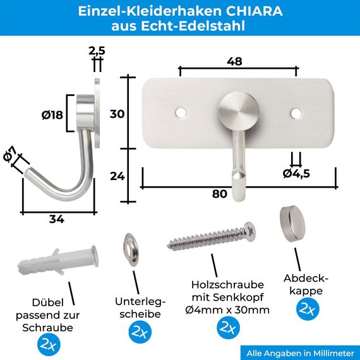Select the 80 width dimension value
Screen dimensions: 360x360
coord(219,194)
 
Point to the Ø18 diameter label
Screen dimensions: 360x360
coord(52,115)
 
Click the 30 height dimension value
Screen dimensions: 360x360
coord(117,114)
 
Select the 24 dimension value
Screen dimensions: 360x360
coord(117,176)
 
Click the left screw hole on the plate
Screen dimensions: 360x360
coord(181,112)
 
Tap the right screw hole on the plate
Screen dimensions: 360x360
coord(296,112)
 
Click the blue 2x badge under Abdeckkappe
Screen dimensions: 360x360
coord(308,309)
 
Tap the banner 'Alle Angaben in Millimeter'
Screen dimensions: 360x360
coord(299,352)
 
